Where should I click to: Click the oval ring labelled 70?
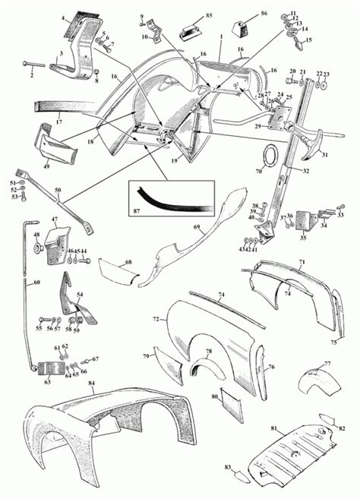tap(269, 157)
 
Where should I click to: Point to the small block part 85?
tap(189, 30)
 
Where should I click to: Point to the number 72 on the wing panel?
tap(156, 320)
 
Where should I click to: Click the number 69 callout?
tap(196, 227)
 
